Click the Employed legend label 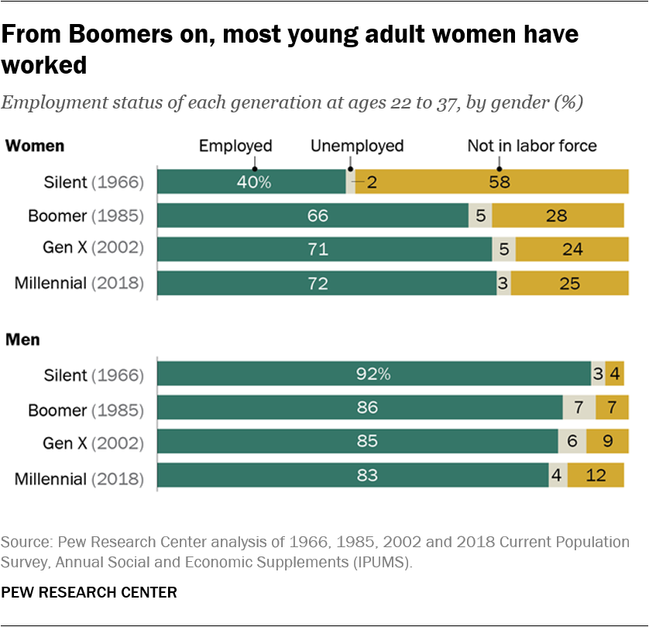(x=235, y=146)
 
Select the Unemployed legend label (x=357, y=146)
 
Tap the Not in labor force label (x=532, y=146)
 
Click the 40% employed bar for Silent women (x=251, y=182)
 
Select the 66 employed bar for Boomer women (x=313, y=215)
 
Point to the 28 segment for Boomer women (x=558, y=215)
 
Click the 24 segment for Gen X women (x=572, y=250)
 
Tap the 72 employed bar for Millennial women (x=327, y=284)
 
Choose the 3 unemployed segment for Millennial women (x=503, y=284)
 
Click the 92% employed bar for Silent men (x=373, y=374)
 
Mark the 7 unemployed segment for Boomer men (x=579, y=408)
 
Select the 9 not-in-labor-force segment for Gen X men (x=607, y=442)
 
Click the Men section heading (x=23, y=339)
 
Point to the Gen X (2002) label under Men (x=93, y=443)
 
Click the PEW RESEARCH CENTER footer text (x=89, y=593)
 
